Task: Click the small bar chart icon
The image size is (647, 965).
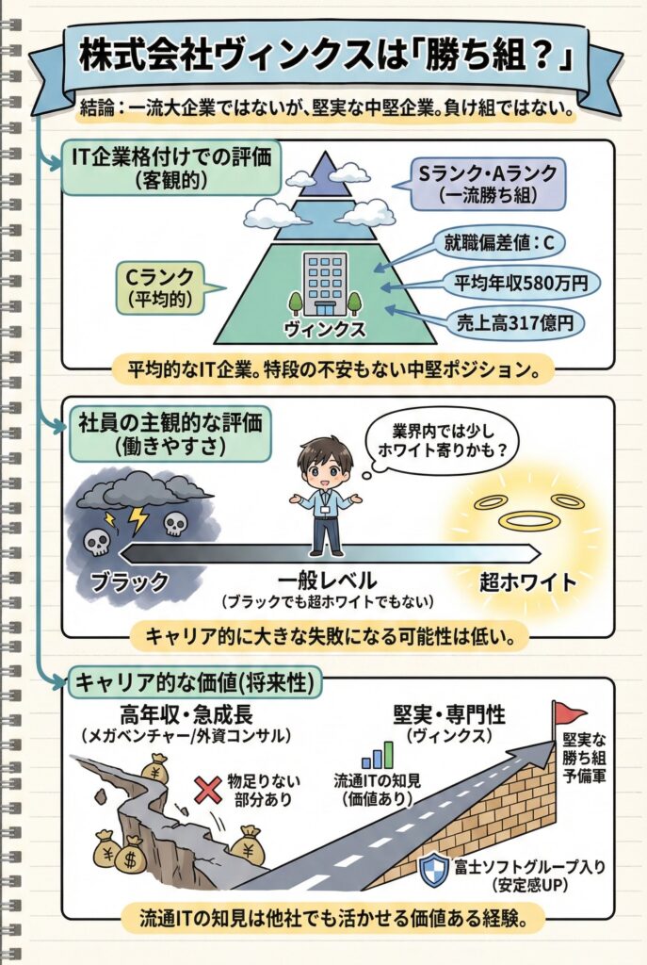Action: [x=377, y=756]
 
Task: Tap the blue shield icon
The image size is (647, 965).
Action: [x=433, y=867]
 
